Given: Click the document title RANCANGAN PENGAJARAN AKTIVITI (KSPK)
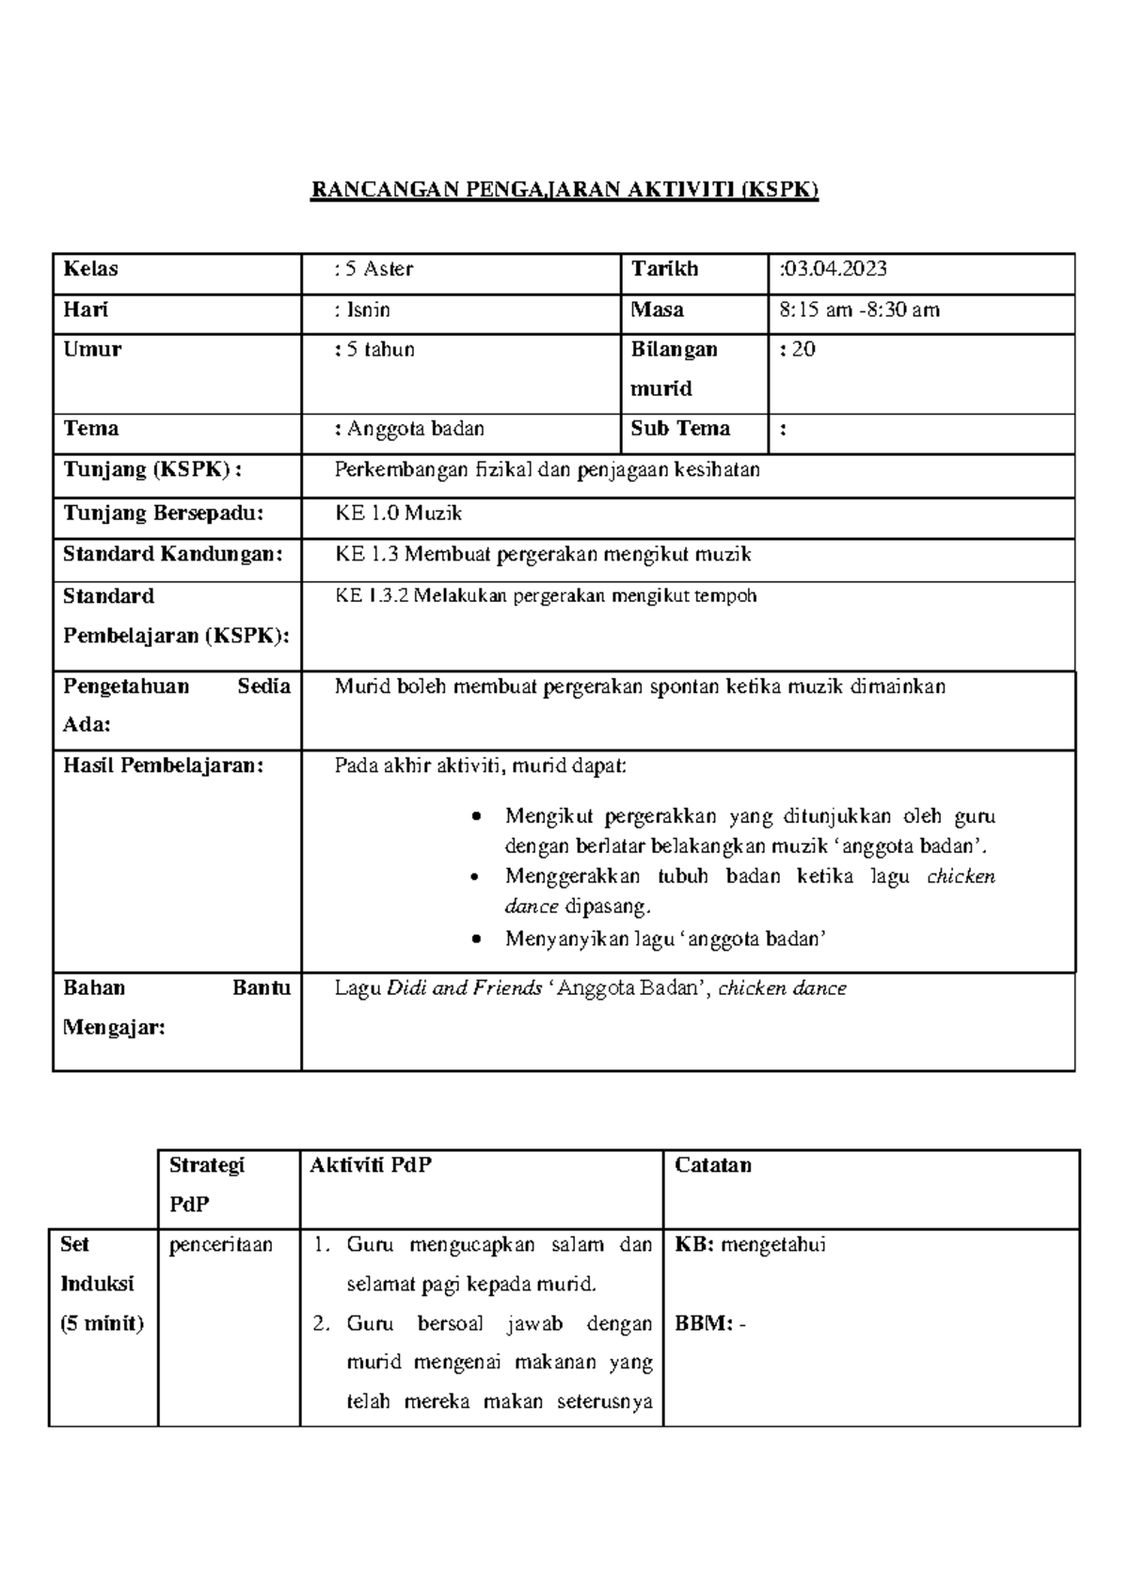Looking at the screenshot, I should click(564, 191).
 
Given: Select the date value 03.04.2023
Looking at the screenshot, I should click(835, 270).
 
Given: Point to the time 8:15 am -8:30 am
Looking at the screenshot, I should click(859, 310).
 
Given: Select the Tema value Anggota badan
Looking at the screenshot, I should click(415, 430).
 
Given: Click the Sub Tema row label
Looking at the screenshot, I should click(680, 430).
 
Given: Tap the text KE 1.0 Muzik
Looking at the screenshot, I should click(398, 513).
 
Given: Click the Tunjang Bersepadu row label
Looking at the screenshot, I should click(163, 513).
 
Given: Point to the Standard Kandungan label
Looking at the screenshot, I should click(172, 555).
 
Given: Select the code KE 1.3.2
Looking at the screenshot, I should click(371, 596).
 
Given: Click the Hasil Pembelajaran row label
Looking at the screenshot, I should click(163, 766).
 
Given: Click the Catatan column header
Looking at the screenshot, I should click(712, 1166).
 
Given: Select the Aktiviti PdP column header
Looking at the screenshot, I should click(371, 1166).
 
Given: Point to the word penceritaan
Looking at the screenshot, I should click(221, 1245).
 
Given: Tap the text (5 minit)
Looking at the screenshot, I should click(102, 1324).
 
